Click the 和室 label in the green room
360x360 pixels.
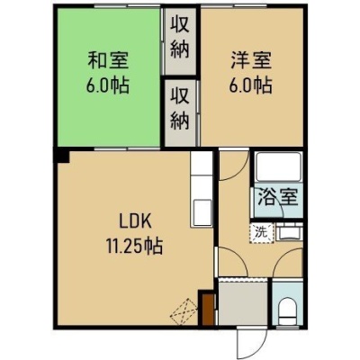click(108, 60)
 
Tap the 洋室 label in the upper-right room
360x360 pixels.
click(251, 60)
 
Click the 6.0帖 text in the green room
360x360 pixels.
click(108, 85)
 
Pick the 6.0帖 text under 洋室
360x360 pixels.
click(251, 85)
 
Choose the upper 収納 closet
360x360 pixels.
click(180, 41)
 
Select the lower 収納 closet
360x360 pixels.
click(180, 112)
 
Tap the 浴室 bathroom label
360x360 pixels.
click(278, 197)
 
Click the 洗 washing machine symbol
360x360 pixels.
click(263, 232)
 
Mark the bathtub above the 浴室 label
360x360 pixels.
click(278, 166)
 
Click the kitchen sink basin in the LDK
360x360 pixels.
click(201, 212)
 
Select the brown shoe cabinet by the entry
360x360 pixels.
click(209, 310)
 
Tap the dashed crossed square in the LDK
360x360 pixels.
click(184, 311)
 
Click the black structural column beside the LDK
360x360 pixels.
click(62, 156)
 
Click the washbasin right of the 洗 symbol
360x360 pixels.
click(289, 233)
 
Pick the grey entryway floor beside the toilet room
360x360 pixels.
click(243, 301)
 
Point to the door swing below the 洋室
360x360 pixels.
click(234, 166)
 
